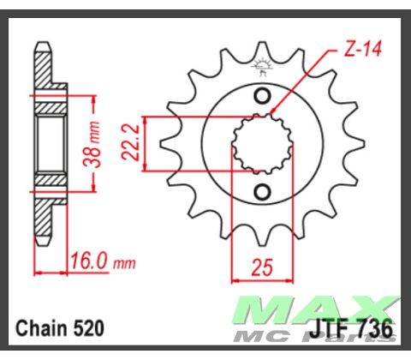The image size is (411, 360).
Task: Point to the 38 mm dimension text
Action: (x=100, y=143)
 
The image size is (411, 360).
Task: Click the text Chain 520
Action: (x=59, y=327)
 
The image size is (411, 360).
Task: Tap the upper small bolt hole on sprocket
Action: (x=263, y=95)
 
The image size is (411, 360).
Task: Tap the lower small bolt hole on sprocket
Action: (x=263, y=190)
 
